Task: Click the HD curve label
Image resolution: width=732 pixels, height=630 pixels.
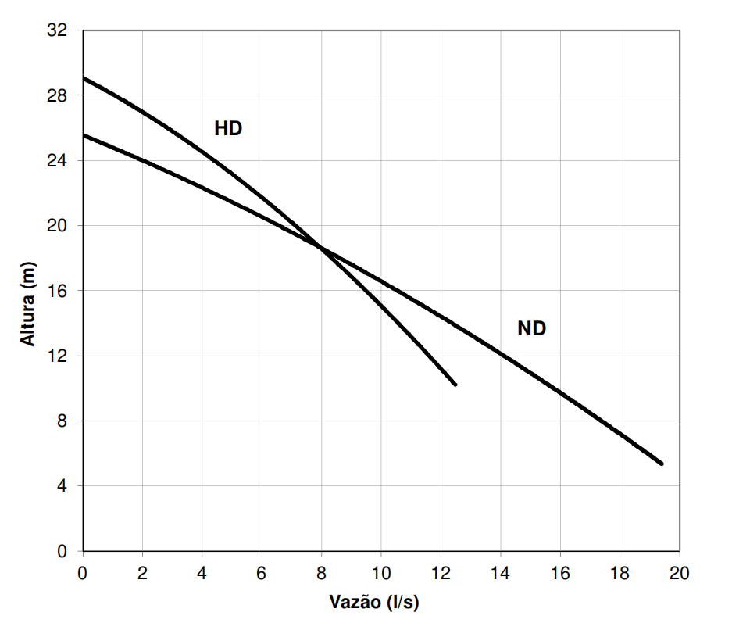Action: coord(228,128)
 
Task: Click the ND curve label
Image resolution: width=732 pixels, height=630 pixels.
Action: coord(532,329)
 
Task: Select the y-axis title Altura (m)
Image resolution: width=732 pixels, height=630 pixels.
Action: coord(27,303)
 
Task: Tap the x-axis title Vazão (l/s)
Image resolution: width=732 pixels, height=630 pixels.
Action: coord(374,602)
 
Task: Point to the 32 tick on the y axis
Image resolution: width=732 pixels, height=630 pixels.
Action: coord(57,30)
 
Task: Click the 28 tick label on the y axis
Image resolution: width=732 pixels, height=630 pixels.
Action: coord(57,95)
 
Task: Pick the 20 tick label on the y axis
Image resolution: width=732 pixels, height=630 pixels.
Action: coord(57,226)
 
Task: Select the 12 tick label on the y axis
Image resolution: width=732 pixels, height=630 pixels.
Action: coord(57,356)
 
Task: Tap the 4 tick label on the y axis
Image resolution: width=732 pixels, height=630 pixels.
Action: coord(62,486)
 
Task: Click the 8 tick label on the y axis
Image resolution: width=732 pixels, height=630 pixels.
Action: coord(62,421)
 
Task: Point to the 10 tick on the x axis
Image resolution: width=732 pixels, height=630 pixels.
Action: coord(381,573)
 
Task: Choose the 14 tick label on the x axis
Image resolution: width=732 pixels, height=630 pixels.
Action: coord(501,573)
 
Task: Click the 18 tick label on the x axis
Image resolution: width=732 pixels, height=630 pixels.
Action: coord(620,573)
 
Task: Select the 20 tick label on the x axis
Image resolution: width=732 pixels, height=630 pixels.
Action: coord(679,573)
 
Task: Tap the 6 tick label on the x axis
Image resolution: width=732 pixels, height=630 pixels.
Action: coord(262,573)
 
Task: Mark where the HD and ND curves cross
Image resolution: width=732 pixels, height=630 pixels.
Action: coord(321,247)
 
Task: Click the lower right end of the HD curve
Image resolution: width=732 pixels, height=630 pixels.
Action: coord(455,385)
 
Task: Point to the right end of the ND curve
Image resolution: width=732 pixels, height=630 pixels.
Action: coord(662,464)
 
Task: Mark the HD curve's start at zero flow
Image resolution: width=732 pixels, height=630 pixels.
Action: coord(84,77)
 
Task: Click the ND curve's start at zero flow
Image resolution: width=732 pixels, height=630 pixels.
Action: coord(84,135)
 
